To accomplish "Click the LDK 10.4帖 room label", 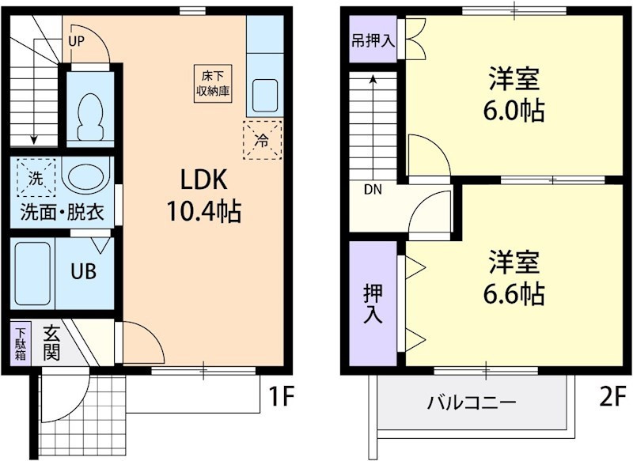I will (x=204, y=195).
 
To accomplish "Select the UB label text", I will (x=84, y=271).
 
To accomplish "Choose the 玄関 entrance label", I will (x=51, y=342).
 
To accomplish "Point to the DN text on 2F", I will (x=373, y=190).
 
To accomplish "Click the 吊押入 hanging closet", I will (x=373, y=40).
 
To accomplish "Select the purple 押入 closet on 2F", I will (x=373, y=304).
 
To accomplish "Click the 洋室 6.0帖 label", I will (x=515, y=94).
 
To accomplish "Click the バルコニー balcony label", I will (x=472, y=402).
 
